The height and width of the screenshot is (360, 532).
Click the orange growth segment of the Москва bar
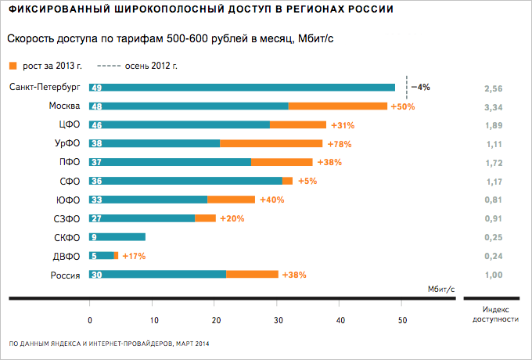[337, 106]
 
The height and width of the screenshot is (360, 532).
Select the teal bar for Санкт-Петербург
[243, 88]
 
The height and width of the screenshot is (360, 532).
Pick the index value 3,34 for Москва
[490, 106]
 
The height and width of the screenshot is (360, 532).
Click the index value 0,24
[490, 255]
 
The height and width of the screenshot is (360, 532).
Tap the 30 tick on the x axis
[278, 319]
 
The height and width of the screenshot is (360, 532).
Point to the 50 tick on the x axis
[402, 319]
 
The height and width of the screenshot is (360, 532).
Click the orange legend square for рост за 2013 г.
[12, 66]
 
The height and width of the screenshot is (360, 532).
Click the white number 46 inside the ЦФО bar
[96, 124]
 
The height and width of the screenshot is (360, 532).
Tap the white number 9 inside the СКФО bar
[94, 237]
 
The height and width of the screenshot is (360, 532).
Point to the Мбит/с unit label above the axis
[440, 289]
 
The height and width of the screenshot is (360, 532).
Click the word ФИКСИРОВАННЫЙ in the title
[51, 9]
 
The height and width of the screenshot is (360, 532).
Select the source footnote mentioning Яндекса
[109, 344]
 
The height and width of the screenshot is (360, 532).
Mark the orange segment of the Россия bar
[252, 274]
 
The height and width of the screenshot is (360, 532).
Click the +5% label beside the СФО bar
[307, 181]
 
